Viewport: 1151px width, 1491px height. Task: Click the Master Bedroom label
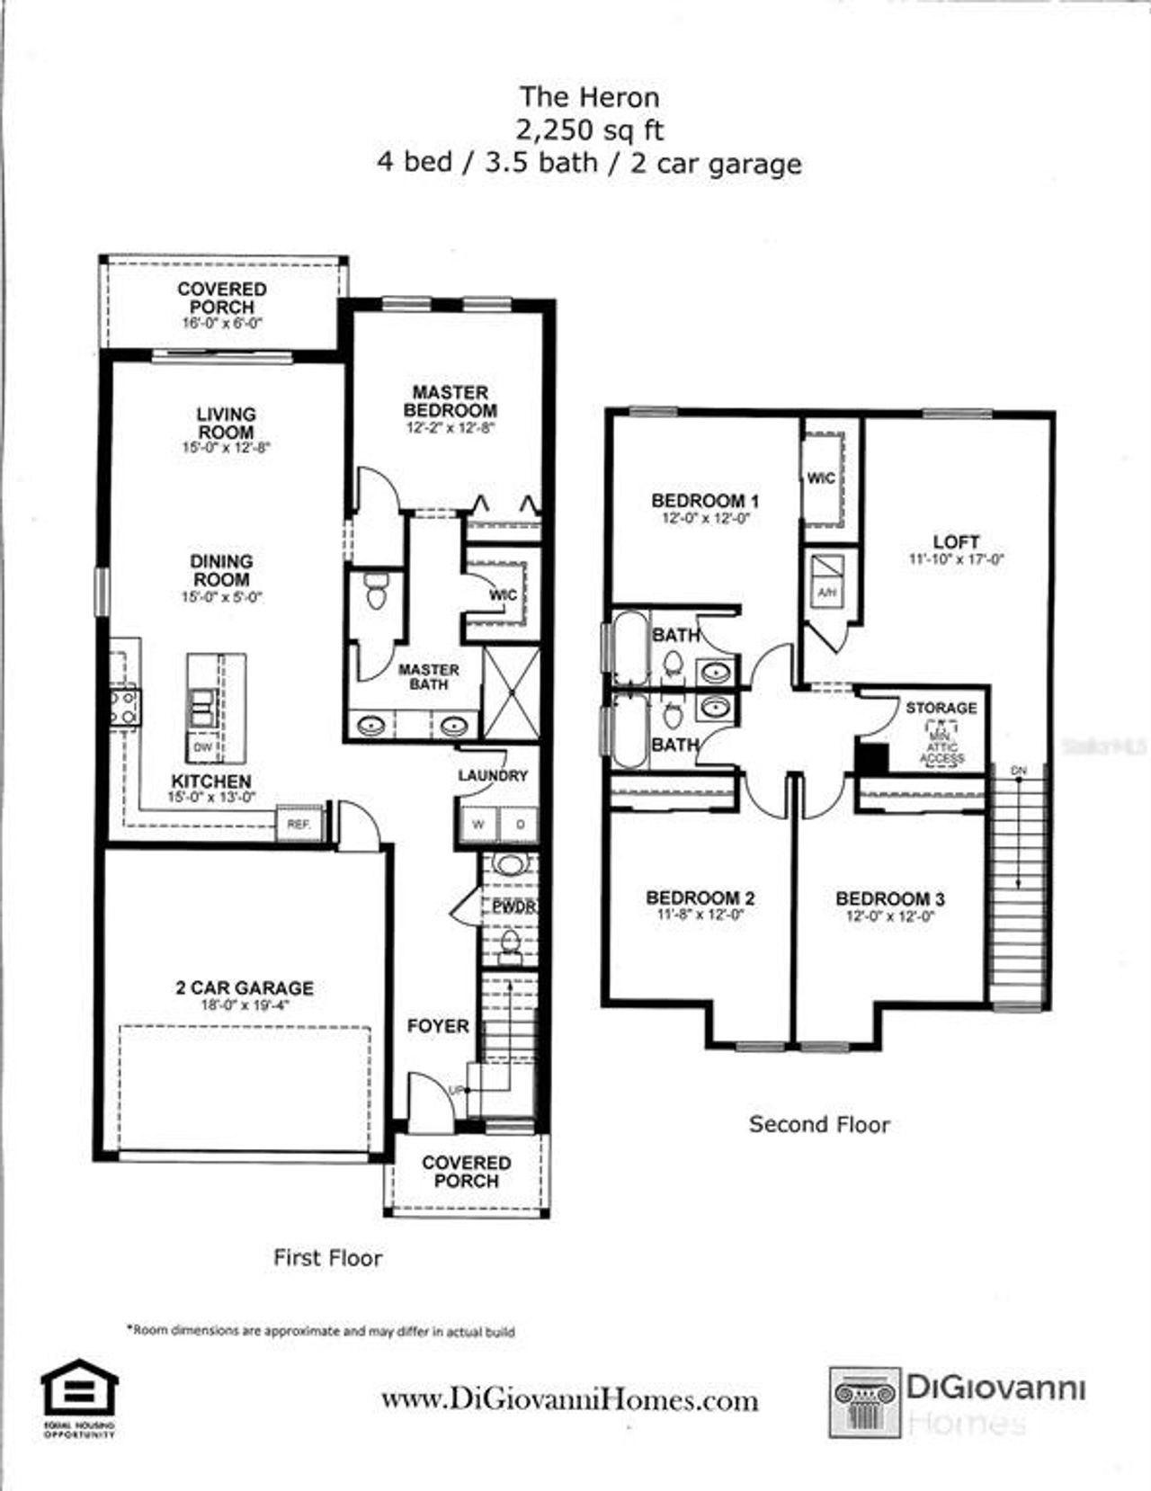[450, 401]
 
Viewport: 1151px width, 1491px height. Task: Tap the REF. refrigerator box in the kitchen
[299, 823]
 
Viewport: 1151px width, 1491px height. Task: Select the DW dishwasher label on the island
[202, 747]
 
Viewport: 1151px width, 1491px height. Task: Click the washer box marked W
[478, 824]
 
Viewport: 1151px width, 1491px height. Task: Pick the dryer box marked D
[520, 824]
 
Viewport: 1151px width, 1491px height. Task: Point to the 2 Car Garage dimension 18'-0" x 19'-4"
[245, 1004]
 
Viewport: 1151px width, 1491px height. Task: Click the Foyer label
[438, 1025]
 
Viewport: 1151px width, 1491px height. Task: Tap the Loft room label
[956, 541]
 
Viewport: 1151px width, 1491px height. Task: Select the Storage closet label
[941, 708]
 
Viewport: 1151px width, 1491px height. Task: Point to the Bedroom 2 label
[700, 897]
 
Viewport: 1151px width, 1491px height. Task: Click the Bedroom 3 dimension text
[889, 916]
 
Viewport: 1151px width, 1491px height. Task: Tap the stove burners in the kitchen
[124, 706]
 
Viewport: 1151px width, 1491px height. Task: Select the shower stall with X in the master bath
[512, 692]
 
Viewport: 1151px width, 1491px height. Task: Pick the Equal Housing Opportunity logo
[79, 1397]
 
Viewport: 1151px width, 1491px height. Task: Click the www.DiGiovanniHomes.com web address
[569, 1400]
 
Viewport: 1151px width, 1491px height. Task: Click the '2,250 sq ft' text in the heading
[589, 130]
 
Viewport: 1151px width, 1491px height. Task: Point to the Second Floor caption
[819, 1124]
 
